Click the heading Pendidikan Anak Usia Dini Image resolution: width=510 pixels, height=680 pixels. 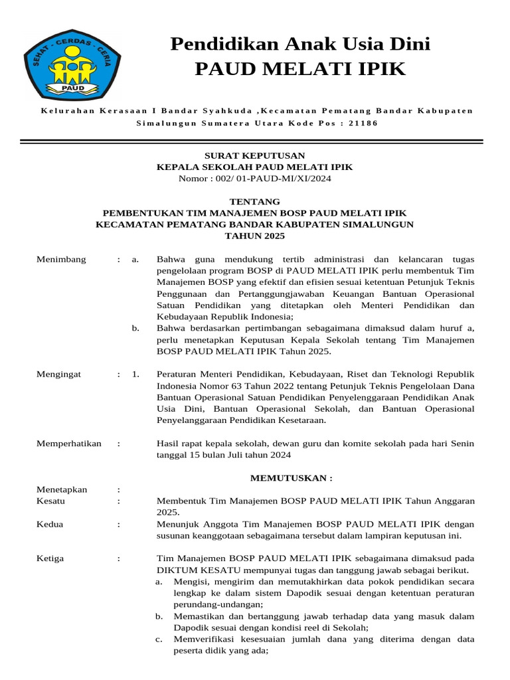pyautogui.click(x=300, y=44)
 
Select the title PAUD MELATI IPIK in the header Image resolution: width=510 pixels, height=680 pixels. pyautogui.click(x=300, y=68)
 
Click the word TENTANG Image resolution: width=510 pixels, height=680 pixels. pyautogui.click(x=254, y=201)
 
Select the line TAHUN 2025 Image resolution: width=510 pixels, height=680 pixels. pyautogui.click(x=254, y=236)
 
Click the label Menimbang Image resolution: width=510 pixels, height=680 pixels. pyautogui.click(x=61, y=260)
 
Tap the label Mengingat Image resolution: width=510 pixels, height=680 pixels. pyautogui.click(x=58, y=375)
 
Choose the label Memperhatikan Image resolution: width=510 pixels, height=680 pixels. pyautogui.click(x=69, y=444)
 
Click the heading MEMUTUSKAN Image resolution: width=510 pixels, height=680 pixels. pyautogui.click(x=290, y=478)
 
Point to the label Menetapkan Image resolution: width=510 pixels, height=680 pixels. pyautogui.click(x=62, y=489)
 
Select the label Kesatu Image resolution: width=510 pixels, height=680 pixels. pyautogui.click(x=50, y=501)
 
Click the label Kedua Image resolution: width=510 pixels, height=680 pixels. pyautogui.click(x=50, y=525)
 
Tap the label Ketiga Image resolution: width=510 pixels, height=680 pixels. pyautogui.click(x=50, y=558)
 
